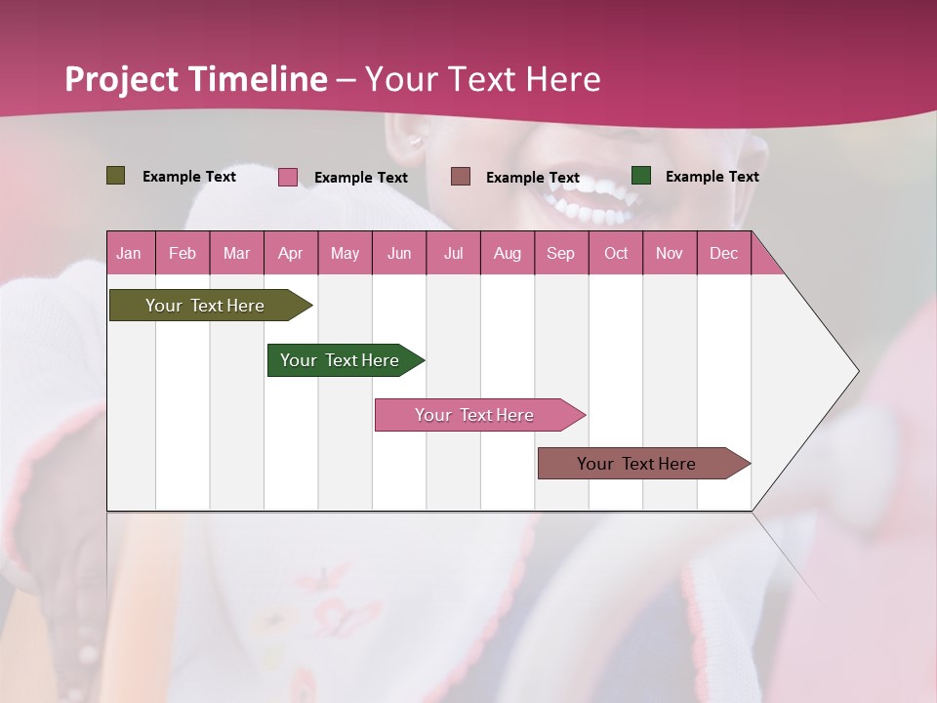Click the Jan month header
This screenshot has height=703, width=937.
click(130, 253)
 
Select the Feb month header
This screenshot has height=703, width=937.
click(183, 253)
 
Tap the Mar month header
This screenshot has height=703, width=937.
click(236, 253)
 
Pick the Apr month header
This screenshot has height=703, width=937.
click(291, 253)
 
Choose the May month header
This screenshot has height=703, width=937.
click(345, 253)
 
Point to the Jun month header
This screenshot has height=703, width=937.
click(399, 253)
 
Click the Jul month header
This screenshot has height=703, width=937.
click(453, 253)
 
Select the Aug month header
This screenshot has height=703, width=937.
click(508, 253)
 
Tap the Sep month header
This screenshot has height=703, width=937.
click(561, 253)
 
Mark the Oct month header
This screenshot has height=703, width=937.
click(616, 253)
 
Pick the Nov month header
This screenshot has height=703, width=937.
click(670, 253)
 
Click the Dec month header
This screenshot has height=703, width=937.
click(724, 253)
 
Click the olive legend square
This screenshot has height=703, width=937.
click(116, 176)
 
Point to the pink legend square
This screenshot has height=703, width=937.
click(288, 177)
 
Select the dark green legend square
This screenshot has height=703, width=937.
click(641, 176)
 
